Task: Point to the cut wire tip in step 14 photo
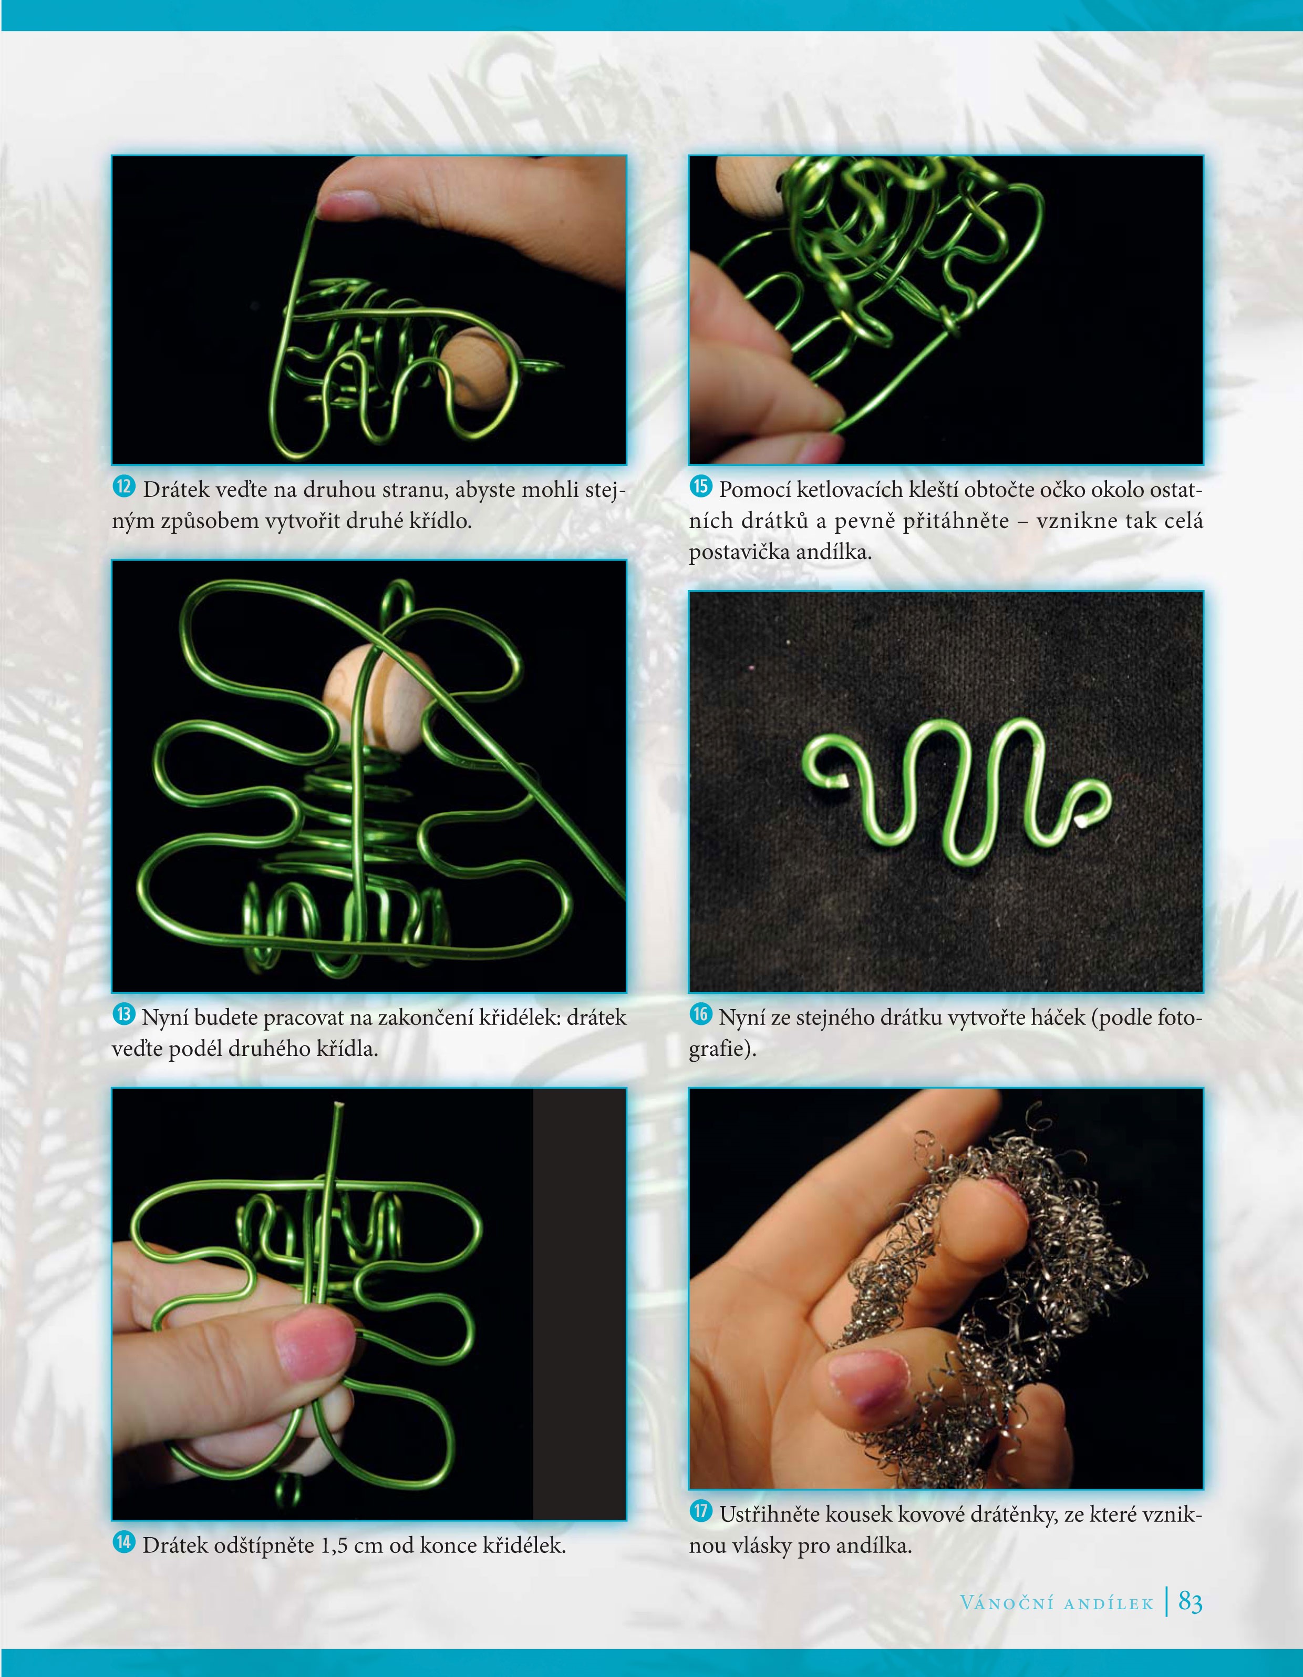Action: point(337,1106)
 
